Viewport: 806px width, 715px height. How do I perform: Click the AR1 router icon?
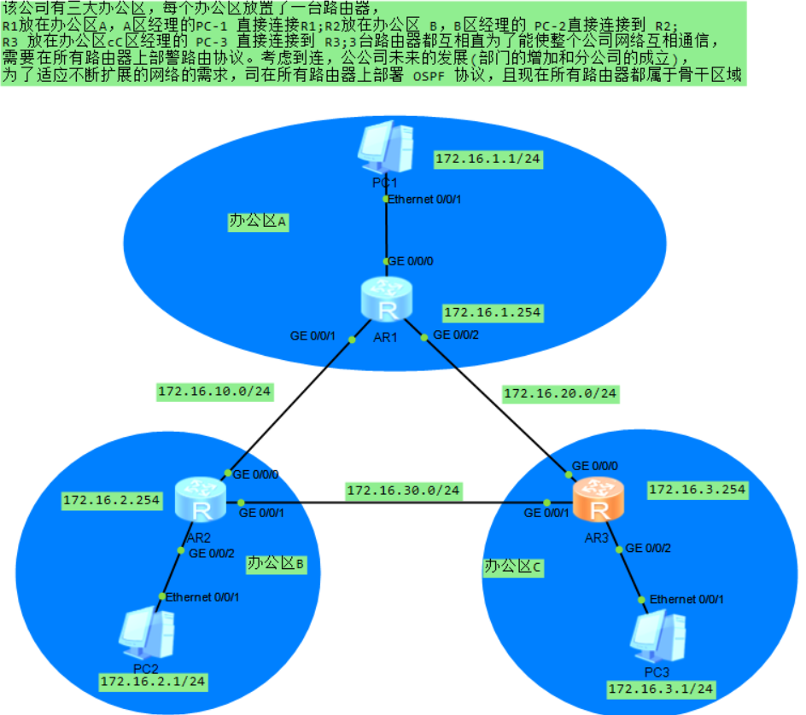pyautogui.click(x=387, y=299)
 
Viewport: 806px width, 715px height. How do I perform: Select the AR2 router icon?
pyautogui.click(x=201, y=500)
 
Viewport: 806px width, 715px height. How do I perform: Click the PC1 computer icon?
pyautogui.click(x=385, y=149)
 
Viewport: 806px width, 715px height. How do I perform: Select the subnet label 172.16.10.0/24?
pyautogui.click(x=214, y=392)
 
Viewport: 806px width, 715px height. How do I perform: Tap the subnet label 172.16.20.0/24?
pyautogui.click(x=560, y=393)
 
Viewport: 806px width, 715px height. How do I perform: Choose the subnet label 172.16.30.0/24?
pyautogui.click(x=403, y=491)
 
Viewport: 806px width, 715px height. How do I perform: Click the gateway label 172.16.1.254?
pyautogui.click(x=492, y=312)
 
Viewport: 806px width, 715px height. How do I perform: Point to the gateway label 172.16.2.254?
pyautogui.click(x=112, y=500)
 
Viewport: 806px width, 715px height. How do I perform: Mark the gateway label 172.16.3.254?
pyautogui.click(x=698, y=490)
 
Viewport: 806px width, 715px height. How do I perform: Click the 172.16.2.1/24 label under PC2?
pyautogui.click(x=154, y=681)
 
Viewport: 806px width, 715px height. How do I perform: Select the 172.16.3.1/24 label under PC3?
pyautogui.click(x=661, y=688)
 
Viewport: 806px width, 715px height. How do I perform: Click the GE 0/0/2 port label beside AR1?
pyautogui.click(x=456, y=335)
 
